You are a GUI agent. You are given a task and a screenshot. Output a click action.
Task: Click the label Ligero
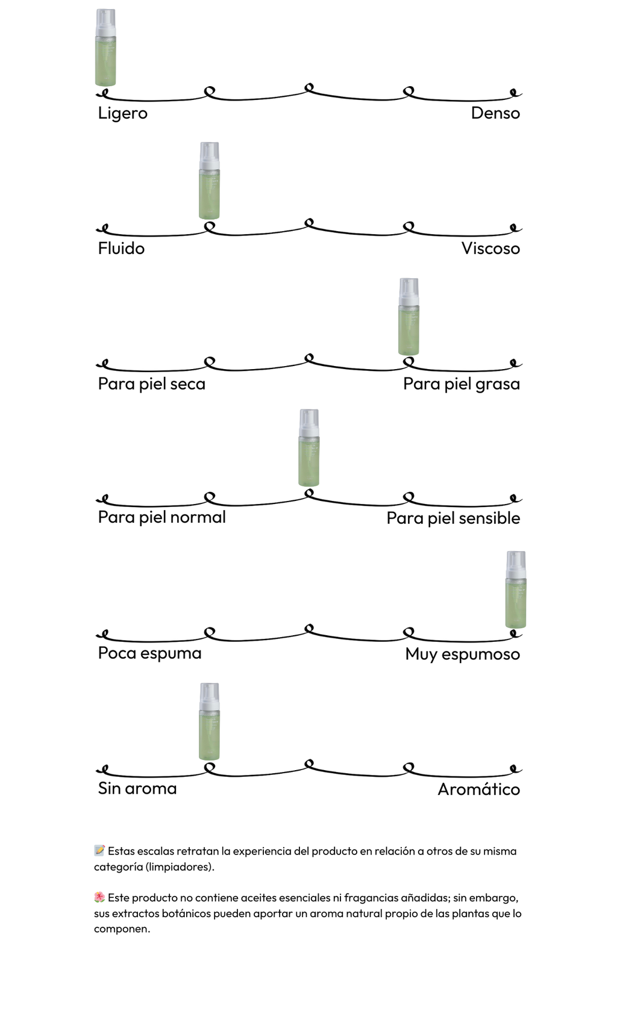click(122, 113)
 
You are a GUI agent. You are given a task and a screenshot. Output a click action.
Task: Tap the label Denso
click(495, 113)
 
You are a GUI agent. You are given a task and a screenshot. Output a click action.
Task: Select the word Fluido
click(121, 249)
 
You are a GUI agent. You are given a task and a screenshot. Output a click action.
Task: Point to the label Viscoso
click(490, 249)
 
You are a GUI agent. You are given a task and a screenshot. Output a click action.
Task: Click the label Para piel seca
click(152, 384)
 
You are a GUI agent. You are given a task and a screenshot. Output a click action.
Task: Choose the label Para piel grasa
click(462, 384)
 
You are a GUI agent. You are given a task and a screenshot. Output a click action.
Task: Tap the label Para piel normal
click(162, 517)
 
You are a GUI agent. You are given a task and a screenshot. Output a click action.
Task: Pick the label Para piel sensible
click(453, 518)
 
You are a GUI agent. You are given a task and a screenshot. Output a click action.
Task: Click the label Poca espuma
click(149, 653)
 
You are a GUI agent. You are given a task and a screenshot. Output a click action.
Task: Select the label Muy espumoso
click(462, 655)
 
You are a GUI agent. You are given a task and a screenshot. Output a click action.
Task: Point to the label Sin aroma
click(137, 789)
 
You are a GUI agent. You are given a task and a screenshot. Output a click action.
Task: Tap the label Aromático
click(478, 789)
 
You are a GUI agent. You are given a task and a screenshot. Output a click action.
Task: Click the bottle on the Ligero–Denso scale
click(105, 48)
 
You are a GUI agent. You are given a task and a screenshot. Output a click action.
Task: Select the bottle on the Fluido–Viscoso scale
click(209, 181)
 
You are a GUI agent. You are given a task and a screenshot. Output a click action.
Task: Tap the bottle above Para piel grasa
click(409, 317)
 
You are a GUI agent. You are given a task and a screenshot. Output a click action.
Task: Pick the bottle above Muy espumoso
click(516, 589)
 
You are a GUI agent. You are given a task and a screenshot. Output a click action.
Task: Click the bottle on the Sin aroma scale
click(209, 721)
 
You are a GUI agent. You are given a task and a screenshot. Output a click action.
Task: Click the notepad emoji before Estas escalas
click(99, 851)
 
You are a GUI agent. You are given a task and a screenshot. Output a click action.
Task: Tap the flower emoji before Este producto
click(99, 898)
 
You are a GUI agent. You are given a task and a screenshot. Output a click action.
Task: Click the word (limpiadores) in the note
click(180, 867)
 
